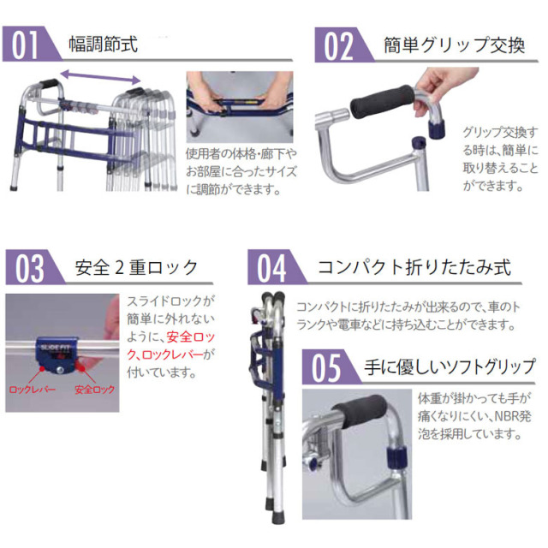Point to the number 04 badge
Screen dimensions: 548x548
pos(272,268)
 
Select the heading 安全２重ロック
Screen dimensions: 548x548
pos(136,268)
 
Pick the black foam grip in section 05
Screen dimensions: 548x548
pos(363,415)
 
